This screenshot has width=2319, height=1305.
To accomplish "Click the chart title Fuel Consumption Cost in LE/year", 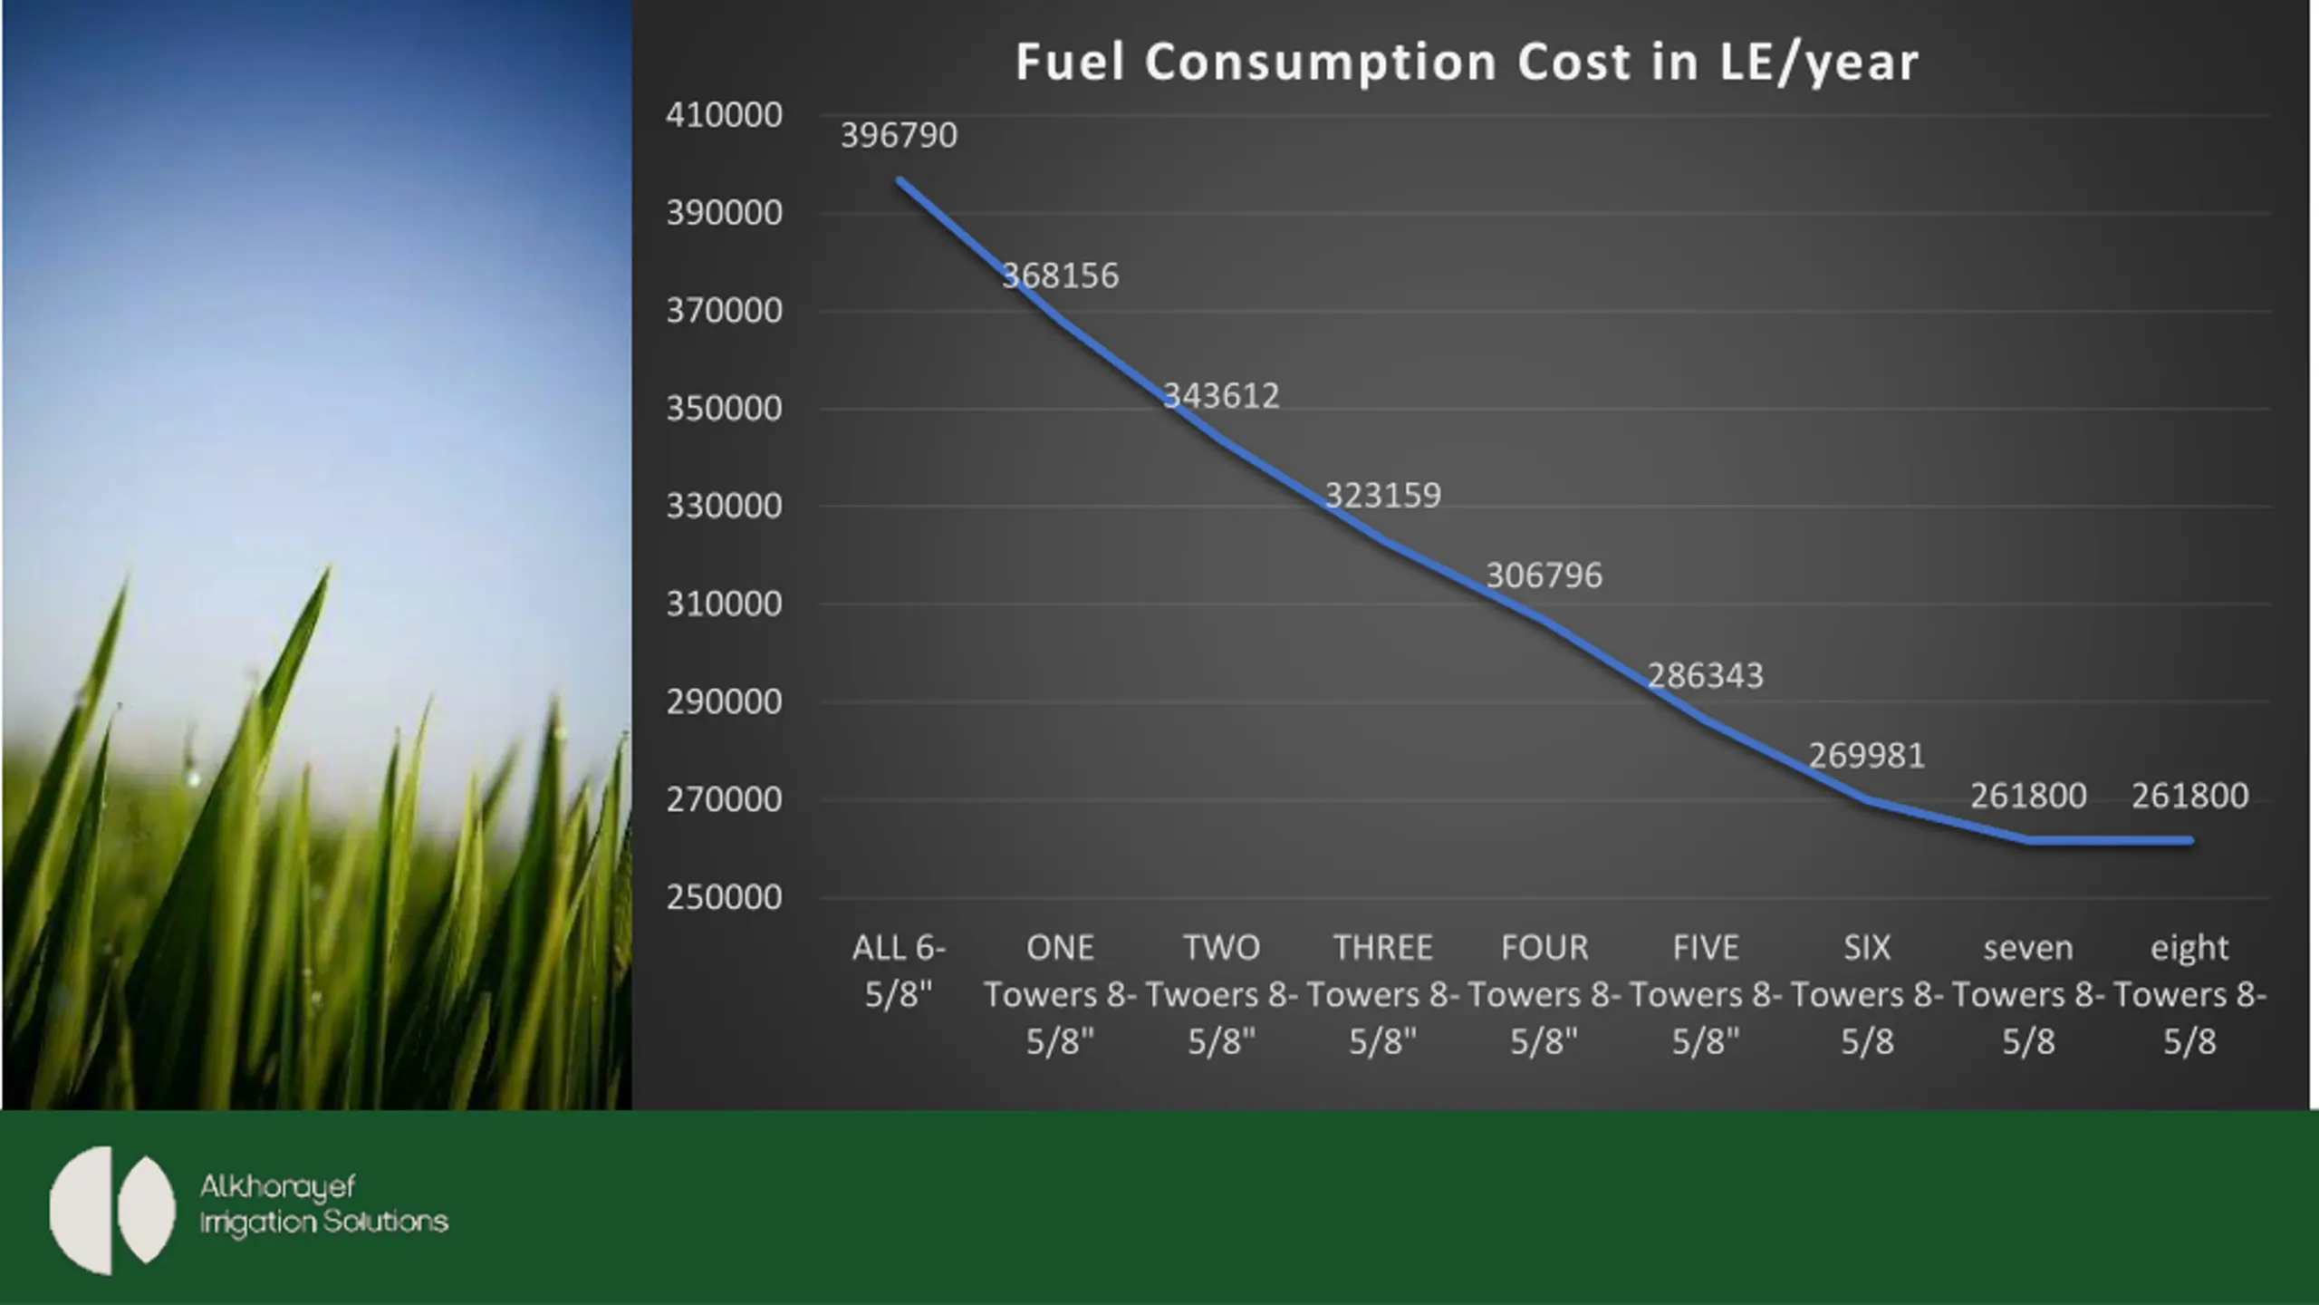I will click(x=1466, y=63).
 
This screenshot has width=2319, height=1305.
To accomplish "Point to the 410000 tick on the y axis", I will click(x=724, y=116).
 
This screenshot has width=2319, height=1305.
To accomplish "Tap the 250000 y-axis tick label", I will click(x=724, y=897).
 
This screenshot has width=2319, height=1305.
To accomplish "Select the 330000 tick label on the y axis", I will click(x=724, y=506).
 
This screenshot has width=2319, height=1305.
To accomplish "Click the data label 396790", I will click(x=899, y=136).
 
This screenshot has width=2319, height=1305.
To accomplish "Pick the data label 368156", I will click(x=1060, y=275).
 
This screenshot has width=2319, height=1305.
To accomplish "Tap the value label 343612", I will click(x=1221, y=396).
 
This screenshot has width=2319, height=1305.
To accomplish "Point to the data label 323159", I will click(x=1382, y=496).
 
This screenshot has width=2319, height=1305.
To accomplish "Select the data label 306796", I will click(x=1544, y=575).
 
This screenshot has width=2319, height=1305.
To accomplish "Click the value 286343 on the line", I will click(x=1705, y=676).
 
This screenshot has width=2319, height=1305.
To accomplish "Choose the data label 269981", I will click(x=1866, y=756).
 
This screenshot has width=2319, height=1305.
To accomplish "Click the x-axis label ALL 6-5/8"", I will click(x=899, y=971).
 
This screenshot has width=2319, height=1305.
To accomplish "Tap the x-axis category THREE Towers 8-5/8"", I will click(x=1382, y=995).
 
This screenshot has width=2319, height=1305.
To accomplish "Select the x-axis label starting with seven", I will click(x=2027, y=995).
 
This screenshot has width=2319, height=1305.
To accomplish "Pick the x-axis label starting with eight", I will click(x=2189, y=995).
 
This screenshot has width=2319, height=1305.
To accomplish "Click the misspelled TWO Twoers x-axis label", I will click(x=1221, y=995).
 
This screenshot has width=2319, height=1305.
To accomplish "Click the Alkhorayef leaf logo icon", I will click(x=111, y=1210).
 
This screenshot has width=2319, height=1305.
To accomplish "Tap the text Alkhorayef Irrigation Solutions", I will click(x=323, y=1204).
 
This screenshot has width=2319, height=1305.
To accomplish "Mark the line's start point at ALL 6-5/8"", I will click(x=900, y=180).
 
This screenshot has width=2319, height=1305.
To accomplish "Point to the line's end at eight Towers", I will click(x=2190, y=841).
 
